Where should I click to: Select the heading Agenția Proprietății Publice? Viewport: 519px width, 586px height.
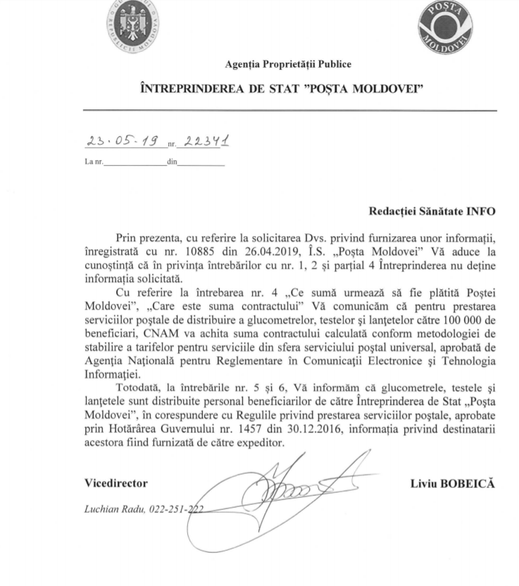288,65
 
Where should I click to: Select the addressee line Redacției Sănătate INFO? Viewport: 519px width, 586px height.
432,210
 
